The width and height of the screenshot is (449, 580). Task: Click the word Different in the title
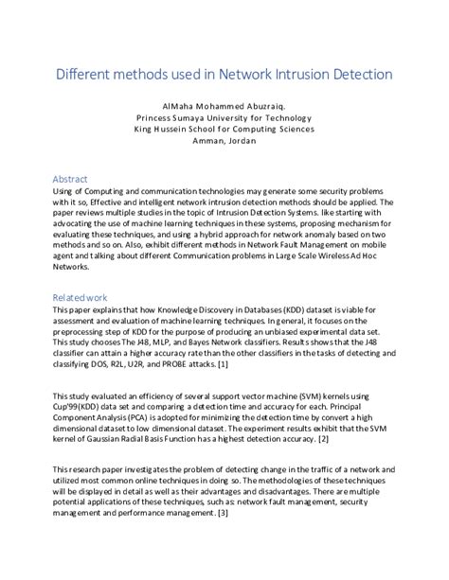(86, 73)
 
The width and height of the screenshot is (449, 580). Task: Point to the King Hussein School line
(224, 130)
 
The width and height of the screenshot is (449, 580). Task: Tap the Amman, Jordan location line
(224, 141)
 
